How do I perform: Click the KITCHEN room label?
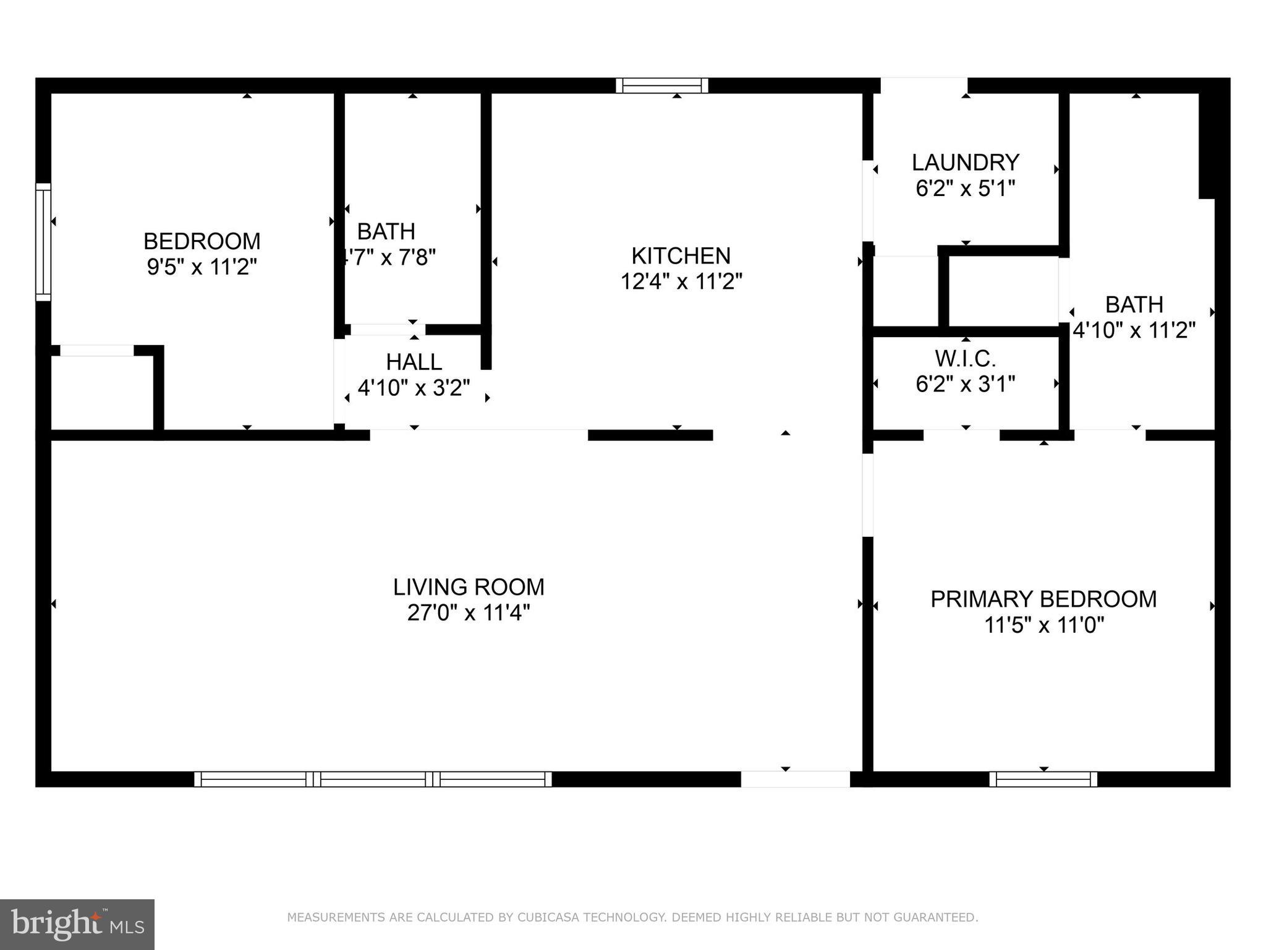[x=681, y=255]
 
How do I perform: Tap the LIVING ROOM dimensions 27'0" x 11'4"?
[x=469, y=613]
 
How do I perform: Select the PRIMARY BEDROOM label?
[x=1043, y=599]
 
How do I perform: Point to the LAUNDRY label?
[x=966, y=163]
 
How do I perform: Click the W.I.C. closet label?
[x=966, y=358]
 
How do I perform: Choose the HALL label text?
[x=414, y=362]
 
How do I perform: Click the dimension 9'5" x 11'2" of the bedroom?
[x=202, y=267]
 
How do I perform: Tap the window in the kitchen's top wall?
[x=661, y=85]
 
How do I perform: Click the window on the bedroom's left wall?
[x=43, y=242]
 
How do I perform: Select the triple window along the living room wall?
[x=373, y=779]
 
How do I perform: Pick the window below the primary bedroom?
[x=1043, y=779]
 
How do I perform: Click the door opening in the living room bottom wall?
[x=795, y=779]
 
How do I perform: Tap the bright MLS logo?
[x=77, y=924]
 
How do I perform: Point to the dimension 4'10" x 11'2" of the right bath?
[x=1134, y=330]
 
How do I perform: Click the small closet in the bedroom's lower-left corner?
[x=101, y=392]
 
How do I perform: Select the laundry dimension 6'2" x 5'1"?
[x=966, y=188]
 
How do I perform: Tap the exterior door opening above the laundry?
[x=924, y=85]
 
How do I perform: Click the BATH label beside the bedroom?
[x=386, y=231]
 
